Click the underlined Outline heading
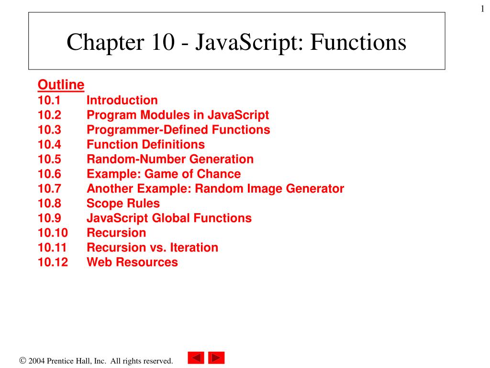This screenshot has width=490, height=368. point(61,85)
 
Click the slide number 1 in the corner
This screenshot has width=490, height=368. point(483,9)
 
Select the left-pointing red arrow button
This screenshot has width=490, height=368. point(196,358)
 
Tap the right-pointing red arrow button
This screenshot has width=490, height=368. point(216,358)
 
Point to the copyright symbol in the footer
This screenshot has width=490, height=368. point(22,361)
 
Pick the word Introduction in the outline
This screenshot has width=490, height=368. point(122,101)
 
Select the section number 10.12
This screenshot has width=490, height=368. point(53,263)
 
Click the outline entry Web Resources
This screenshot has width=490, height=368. point(132,263)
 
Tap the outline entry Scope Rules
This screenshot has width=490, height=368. point(123,204)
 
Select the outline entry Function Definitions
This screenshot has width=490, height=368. point(145,145)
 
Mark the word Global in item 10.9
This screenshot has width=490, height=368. point(170,218)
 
